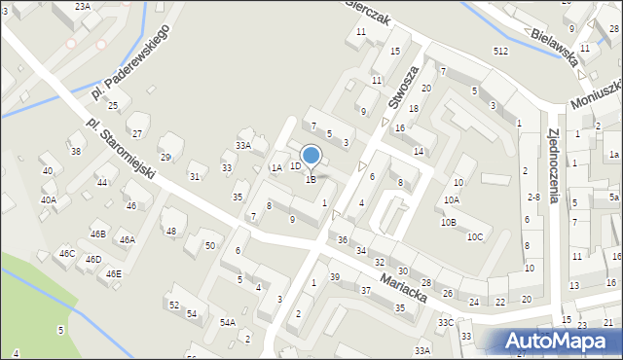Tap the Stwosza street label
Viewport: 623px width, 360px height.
tap(403, 89)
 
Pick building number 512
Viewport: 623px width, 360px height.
tap(500, 51)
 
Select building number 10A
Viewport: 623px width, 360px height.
tap(451, 199)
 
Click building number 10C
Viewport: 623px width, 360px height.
tap(475, 236)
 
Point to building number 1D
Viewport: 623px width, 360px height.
tap(295, 166)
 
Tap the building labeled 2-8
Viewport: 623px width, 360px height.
tap(532, 197)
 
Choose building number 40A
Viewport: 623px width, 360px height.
tap(48, 199)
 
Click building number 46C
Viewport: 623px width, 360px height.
tap(66, 253)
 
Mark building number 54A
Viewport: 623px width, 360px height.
tap(227, 322)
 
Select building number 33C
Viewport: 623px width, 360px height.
tap(445, 322)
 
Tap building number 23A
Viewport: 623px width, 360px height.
tap(84, 6)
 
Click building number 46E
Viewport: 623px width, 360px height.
tap(113, 273)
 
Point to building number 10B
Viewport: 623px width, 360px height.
tap(447, 222)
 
